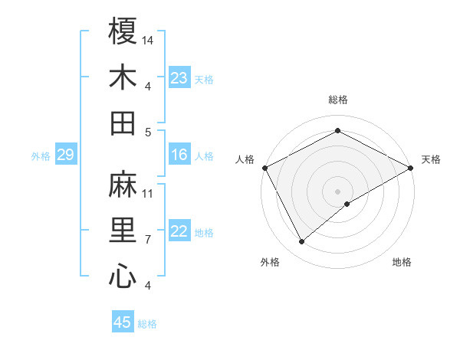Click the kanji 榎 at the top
click(x=123, y=31)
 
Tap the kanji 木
click(x=123, y=77)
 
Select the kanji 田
click(x=123, y=123)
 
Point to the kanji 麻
click(x=123, y=185)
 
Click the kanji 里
click(x=123, y=231)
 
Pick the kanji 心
click(x=123, y=277)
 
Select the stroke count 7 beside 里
click(x=148, y=240)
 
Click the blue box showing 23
click(x=179, y=78)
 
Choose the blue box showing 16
click(x=179, y=155)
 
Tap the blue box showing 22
click(x=179, y=232)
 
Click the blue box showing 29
click(x=65, y=155)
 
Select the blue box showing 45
click(x=122, y=322)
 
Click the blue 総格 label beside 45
click(x=147, y=324)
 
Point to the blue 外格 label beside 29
click(x=41, y=156)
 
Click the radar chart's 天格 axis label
click(x=431, y=159)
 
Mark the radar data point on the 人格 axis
click(x=264, y=167)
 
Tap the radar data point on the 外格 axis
click(x=301, y=242)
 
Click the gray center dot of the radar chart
click(x=338, y=191)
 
